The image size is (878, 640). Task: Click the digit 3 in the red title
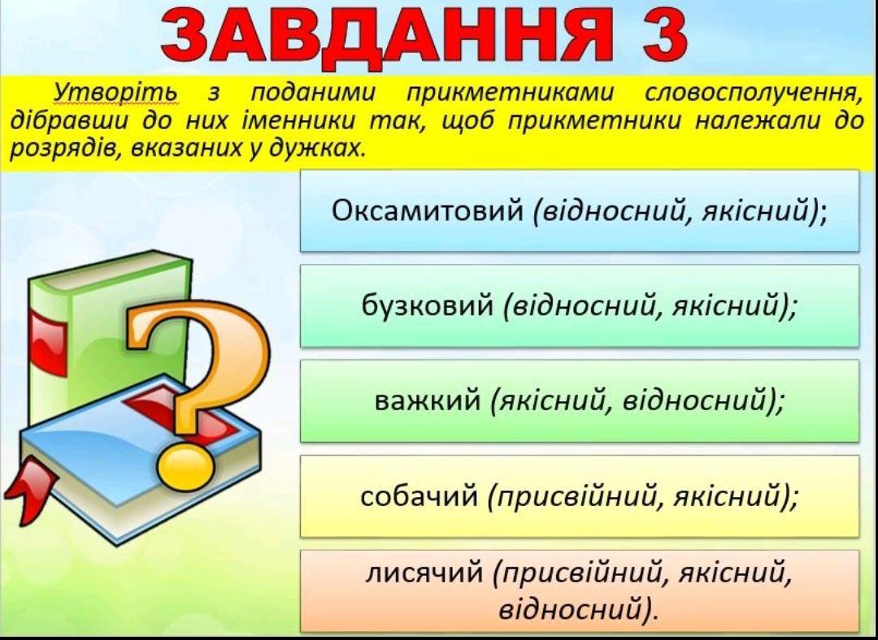coord(657,34)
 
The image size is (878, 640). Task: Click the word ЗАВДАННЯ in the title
coord(386,37)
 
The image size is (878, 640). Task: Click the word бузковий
coord(428,306)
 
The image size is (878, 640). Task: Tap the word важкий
coord(428,400)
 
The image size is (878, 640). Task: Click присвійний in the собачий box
coord(576,496)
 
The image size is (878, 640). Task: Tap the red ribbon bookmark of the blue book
coord(30,491)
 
